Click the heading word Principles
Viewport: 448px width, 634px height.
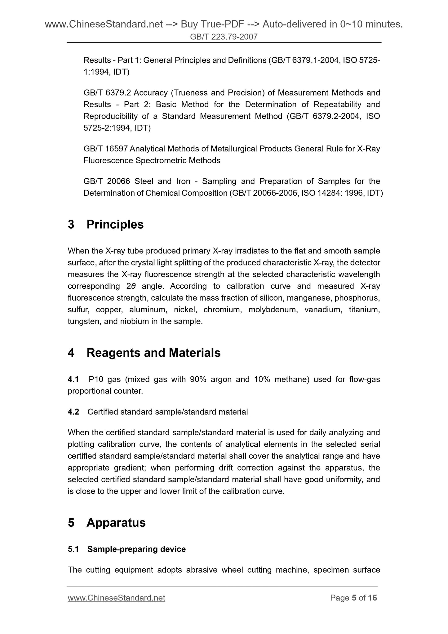coord(115,225)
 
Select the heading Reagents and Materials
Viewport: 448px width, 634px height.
coord(153,353)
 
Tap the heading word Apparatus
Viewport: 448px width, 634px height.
coord(116,523)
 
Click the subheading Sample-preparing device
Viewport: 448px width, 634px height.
coord(136,549)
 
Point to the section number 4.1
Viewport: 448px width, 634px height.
coord(73,379)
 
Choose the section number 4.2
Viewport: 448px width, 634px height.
coord(73,412)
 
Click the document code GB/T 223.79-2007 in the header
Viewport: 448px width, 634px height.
coord(224,37)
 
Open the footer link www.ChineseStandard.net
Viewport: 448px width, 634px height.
coord(116,598)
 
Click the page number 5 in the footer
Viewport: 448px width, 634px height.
coord(354,598)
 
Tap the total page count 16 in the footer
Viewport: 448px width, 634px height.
coord(372,598)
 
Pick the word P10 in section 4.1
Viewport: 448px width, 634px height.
coord(96,379)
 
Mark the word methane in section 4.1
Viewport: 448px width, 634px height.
coord(292,379)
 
